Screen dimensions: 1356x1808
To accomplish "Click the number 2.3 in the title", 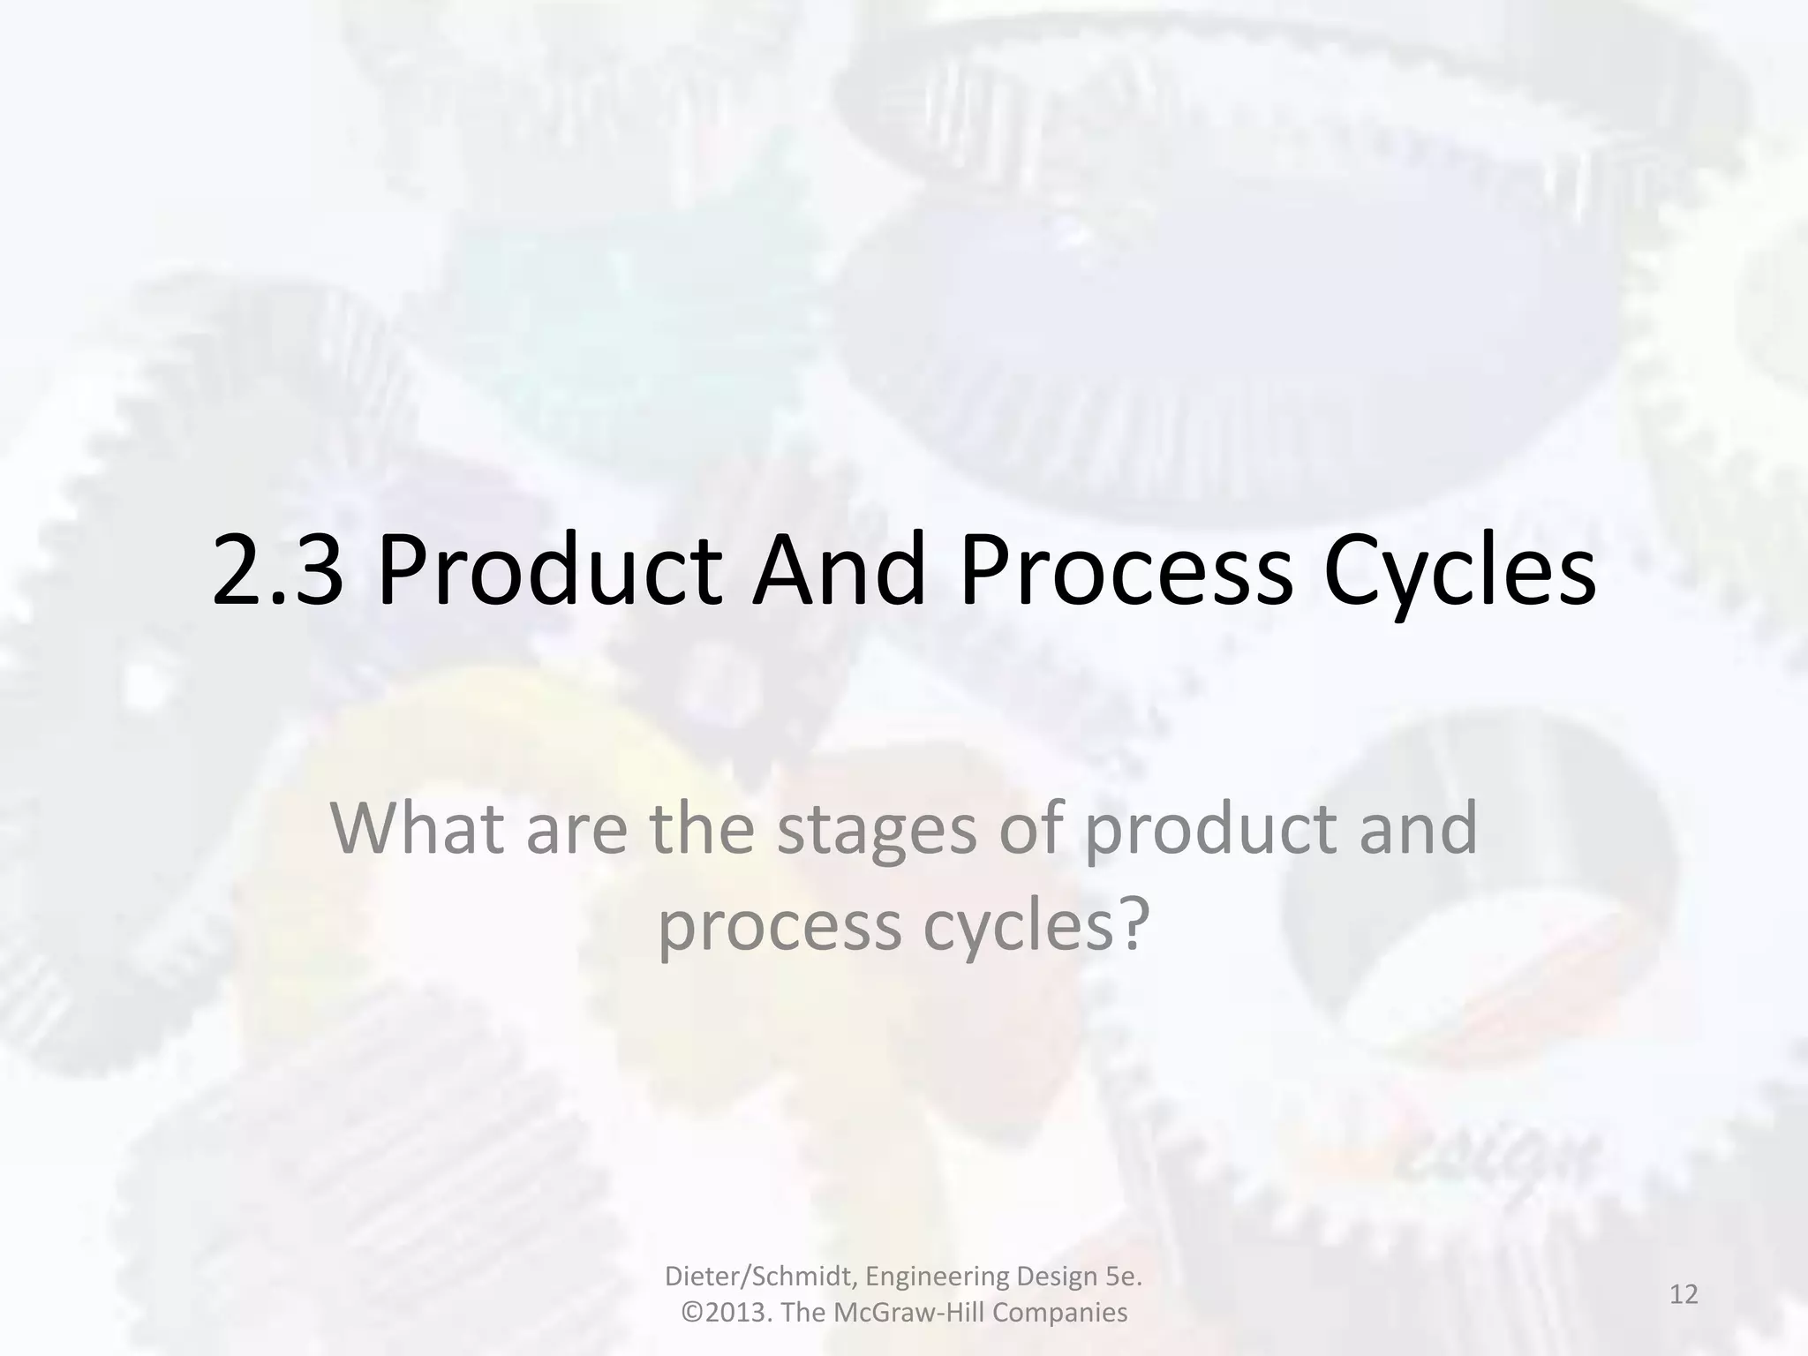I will pyautogui.click(x=277, y=571).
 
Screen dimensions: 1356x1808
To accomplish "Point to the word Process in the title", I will pyautogui.click(x=1126, y=571).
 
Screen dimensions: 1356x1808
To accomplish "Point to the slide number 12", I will pyautogui.click(x=1684, y=1295).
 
